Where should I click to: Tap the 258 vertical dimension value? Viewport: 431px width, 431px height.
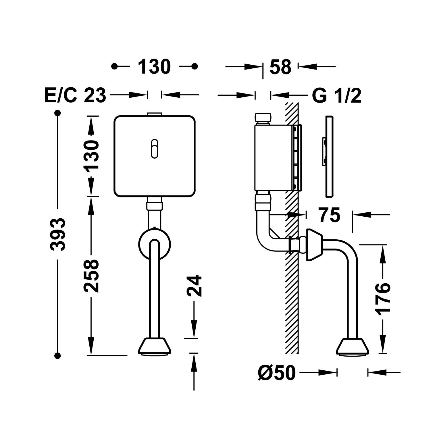point(92,276)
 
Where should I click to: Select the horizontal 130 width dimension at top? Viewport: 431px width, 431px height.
point(154,67)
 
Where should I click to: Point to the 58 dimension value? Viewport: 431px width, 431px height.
point(280,67)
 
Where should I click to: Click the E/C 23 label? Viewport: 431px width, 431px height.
point(75,95)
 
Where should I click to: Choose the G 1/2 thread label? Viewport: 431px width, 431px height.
point(336,95)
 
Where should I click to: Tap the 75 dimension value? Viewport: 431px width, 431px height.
point(329,215)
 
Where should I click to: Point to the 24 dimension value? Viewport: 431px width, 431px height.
point(195,286)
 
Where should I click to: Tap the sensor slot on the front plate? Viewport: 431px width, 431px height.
point(155,149)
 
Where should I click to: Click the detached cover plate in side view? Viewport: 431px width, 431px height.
point(330,157)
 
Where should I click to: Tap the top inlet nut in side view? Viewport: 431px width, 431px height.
point(263,119)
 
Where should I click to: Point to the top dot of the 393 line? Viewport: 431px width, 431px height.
point(58,113)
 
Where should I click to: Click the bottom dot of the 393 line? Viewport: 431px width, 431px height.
point(58,356)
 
